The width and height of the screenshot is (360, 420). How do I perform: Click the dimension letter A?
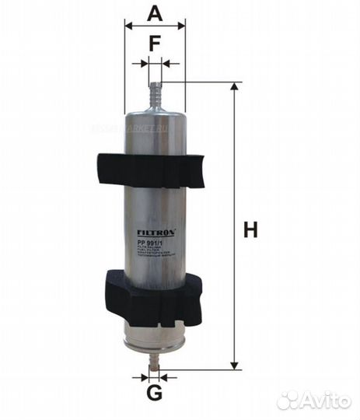coord(155,12)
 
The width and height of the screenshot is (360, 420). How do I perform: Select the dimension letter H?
coord(250,229)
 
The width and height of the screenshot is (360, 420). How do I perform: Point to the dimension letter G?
coord(155,393)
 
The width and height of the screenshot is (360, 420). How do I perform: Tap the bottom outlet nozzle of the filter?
coord(156,359)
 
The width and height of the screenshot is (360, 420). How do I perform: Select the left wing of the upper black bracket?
coord(110,166)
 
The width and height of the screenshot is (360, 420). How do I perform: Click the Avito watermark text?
coord(327,401)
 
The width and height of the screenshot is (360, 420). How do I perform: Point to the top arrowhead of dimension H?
coord(232,87)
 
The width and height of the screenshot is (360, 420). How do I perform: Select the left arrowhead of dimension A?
coord(128,26)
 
